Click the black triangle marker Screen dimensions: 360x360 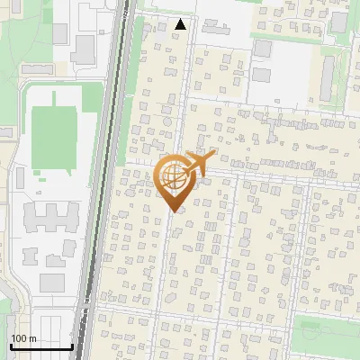click(x=182, y=24)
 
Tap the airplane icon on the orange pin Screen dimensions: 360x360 click(x=199, y=164)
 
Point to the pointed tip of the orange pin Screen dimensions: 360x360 click(x=172, y=211)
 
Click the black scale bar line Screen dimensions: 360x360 click(x=40, y=346)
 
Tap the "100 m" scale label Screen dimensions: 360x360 click(x=23, y=338)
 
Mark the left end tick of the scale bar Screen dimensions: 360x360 click(x=10, y=345)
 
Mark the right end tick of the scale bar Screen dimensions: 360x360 click(x=72, y=345)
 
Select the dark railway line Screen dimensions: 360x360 click(x=102, y=180)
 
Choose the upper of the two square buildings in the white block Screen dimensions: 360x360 click(x=262, y=49)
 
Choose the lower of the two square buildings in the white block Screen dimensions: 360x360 click(x=263, y=76)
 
